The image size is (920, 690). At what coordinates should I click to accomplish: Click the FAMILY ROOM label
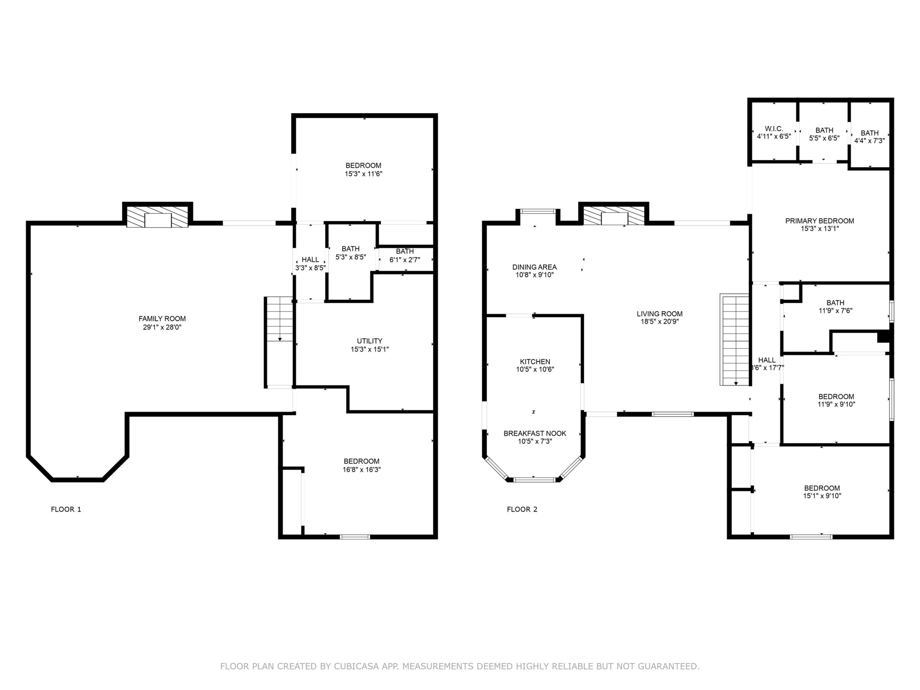[x=162, y=319]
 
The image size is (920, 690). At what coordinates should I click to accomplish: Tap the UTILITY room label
[x=369, y=341]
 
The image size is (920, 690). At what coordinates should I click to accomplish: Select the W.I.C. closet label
[x=774, y=129]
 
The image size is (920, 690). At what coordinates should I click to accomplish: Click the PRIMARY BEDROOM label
[x=819, y=221]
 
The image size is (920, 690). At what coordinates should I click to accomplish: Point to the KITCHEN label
[x=535, y=362]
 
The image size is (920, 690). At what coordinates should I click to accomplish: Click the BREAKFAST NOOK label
[x=535, y=433]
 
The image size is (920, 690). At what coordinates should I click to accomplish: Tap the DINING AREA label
[x=534, y=267]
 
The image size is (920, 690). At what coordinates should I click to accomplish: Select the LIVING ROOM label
[x=660, y=314]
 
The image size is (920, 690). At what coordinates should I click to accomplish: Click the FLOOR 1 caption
[x=66, y=509]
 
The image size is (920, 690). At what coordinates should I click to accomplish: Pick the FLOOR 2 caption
[x=522, y=509]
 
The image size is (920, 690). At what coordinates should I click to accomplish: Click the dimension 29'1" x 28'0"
[x=162, y=327]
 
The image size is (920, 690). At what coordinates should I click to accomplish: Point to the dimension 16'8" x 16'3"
[x=362, y=470]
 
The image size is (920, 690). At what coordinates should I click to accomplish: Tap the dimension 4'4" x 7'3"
[x=869, y=141]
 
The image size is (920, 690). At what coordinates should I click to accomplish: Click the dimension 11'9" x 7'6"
[x=835, y=310]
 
